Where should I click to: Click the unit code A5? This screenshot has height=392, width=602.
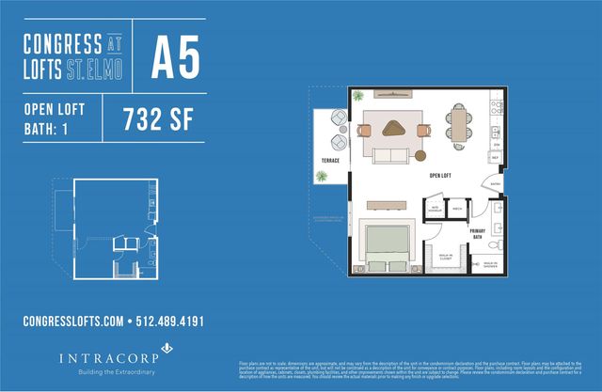point(177,58)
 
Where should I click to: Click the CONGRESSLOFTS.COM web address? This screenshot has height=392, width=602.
point(73,321)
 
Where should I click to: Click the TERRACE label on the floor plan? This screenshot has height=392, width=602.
point(330,161)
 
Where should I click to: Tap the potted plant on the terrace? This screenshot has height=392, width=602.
point(322,180)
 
